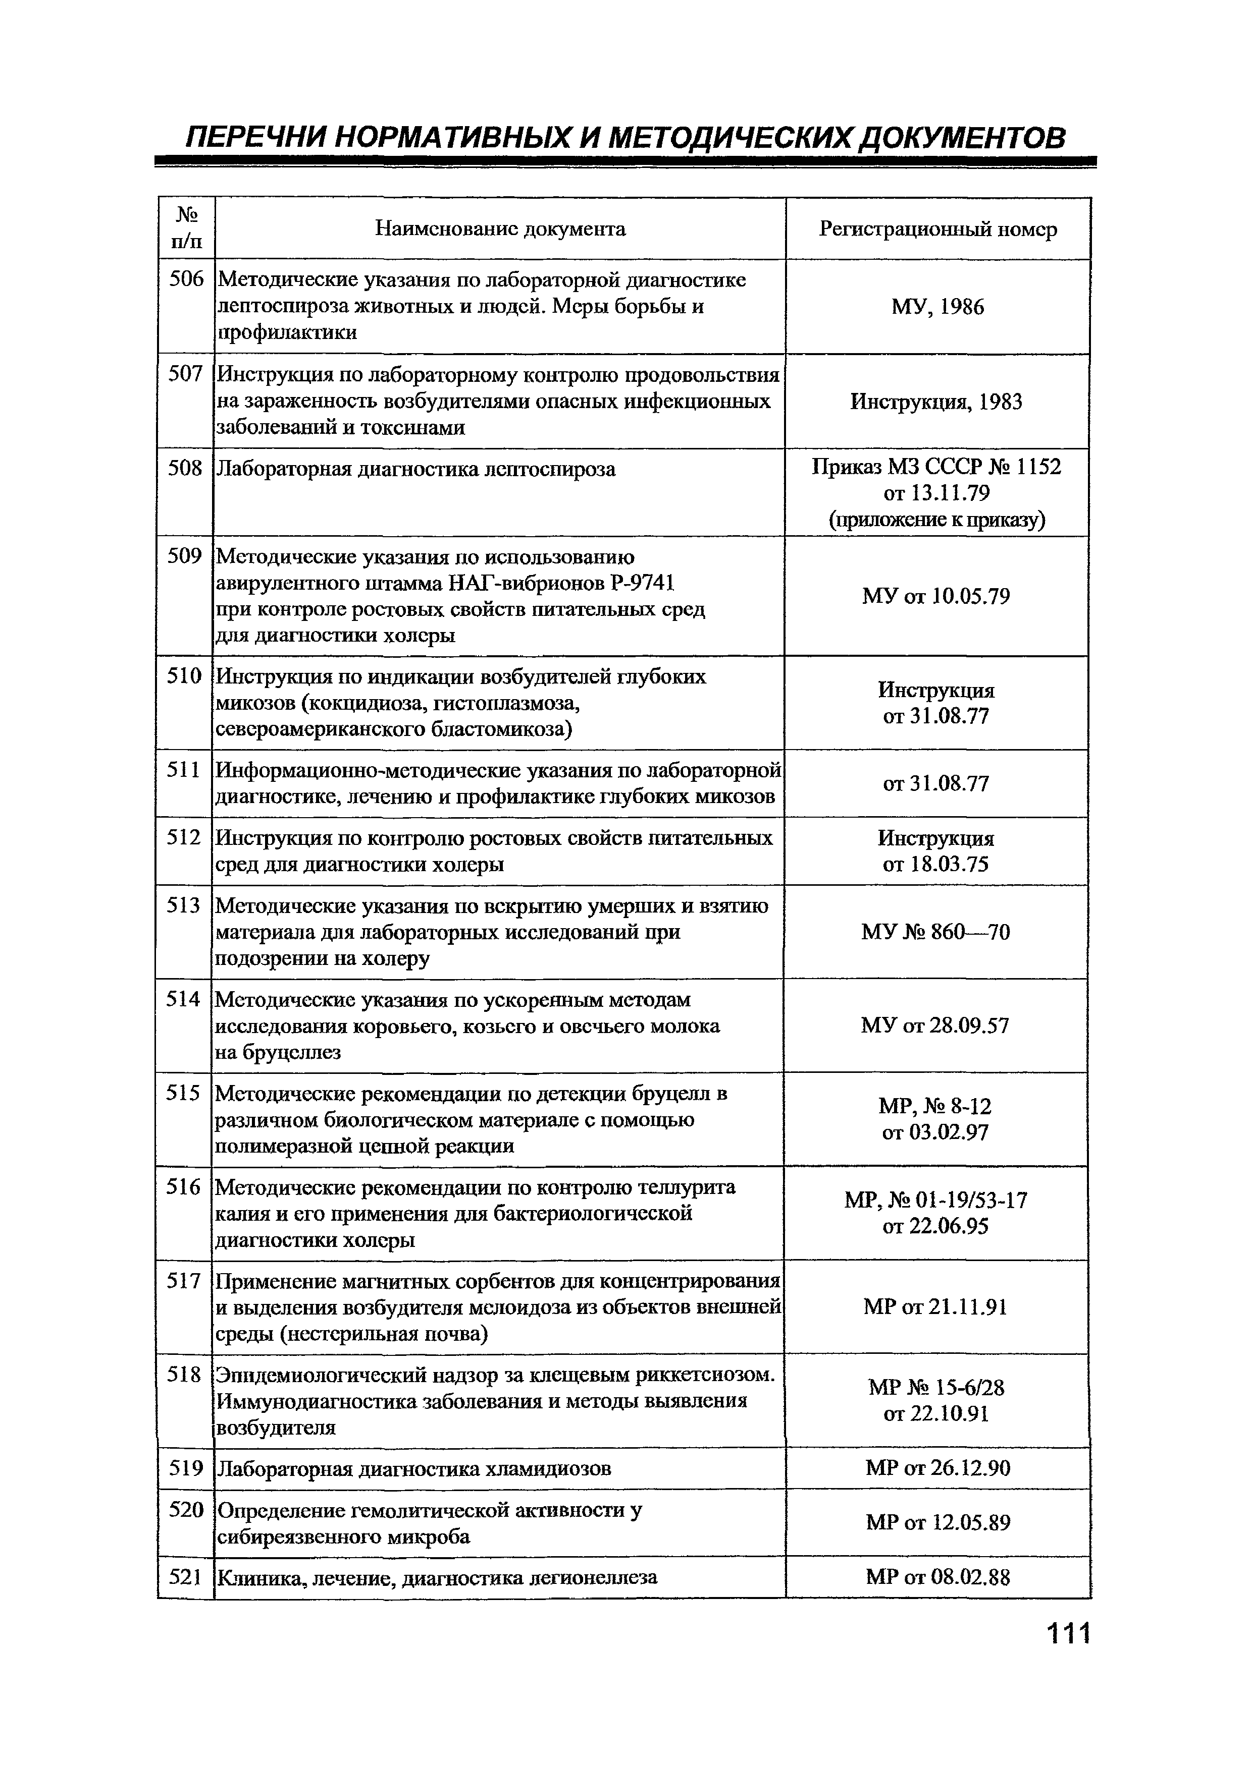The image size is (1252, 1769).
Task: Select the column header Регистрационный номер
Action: pyautogui.click(x=937, y=229)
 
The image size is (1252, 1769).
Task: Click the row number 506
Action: pyautogui.click(x=186, y=279)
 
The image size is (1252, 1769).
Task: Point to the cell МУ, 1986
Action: pyautogui.click(x=937, y=307)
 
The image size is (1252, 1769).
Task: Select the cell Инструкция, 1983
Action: pyautogui.click(x=936, y=402)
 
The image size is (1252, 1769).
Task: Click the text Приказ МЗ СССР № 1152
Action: pyautogui.click(x=936, y=467)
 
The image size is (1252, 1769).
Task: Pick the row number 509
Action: pyautogui.click(x=185, y=556)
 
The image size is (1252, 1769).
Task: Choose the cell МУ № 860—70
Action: pyautogui.click(x=935, y=932)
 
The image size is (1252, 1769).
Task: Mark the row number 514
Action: pyautogui.click(x=184, y=999)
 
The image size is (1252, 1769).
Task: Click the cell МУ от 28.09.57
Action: pyautogui.click(x=934, y=1025)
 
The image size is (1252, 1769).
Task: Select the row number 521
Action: pyautogui.click(x=185, y=1577)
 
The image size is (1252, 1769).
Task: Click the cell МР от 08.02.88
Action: pyautogui.click(x=937, y=1577)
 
